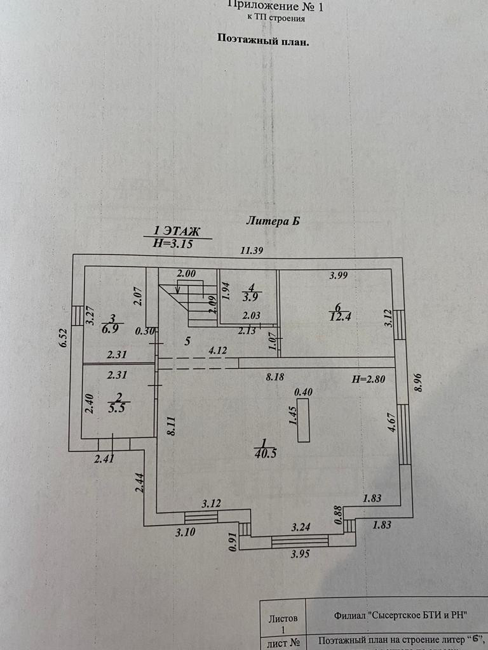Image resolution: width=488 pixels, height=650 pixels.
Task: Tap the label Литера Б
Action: (x=273, y=221)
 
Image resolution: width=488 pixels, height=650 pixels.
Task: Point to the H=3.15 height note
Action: (x=173, y=243)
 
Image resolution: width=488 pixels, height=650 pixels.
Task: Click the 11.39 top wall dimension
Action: (x=251, y=250)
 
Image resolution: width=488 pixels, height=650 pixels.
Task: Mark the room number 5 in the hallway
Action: (x=187, y=341)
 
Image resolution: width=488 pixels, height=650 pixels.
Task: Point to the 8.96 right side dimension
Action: (x=417, y=383)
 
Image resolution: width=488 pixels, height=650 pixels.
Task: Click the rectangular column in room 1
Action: (x=303, y=420)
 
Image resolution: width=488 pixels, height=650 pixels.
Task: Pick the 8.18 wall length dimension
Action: (x=274, y=376)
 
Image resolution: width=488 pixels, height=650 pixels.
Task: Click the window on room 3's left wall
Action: (x=77, y=315)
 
